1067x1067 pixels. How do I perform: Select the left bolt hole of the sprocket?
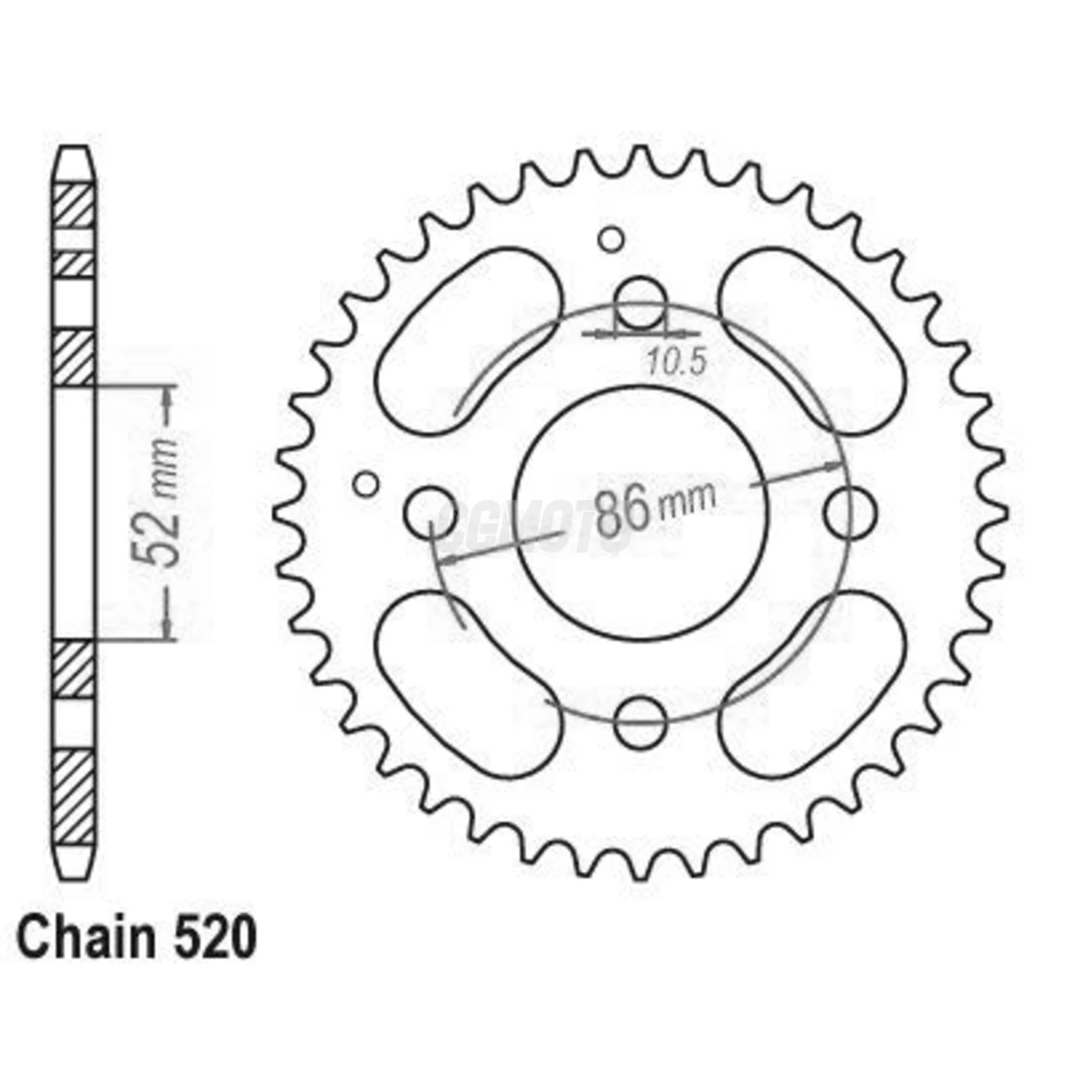431,512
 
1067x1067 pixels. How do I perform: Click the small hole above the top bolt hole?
610,239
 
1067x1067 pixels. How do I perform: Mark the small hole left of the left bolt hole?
367,484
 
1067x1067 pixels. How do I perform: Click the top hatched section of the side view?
75,204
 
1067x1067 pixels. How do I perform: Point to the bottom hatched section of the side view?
75,796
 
